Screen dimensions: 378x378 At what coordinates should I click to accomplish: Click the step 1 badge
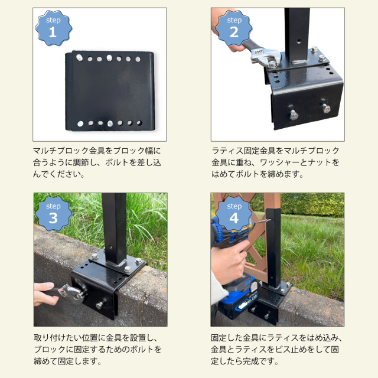point(53,28)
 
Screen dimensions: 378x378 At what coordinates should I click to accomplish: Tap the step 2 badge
point(234,28)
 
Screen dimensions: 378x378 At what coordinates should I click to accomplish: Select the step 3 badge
point(53,214)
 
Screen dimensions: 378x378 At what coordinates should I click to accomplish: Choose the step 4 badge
point(234,214)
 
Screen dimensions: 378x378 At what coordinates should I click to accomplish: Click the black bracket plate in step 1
point(110,91)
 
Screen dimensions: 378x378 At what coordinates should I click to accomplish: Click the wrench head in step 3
point(75,294)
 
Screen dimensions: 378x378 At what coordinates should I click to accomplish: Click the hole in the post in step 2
point(299,41)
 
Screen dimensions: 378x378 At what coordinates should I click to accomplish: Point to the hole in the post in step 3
point(111,247)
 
